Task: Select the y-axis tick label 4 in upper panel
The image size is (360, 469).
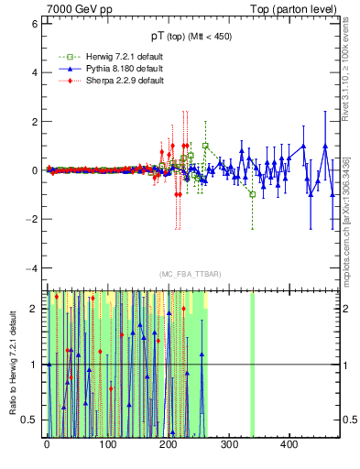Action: click(34, 72)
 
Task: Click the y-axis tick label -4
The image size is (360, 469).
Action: click(32, 268)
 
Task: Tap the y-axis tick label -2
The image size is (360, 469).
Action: click(32, 219)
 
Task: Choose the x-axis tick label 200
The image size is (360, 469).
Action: click(168, 445)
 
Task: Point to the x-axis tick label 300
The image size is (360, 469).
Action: click(228, 445)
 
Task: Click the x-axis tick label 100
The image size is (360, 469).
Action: click(107, 445)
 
